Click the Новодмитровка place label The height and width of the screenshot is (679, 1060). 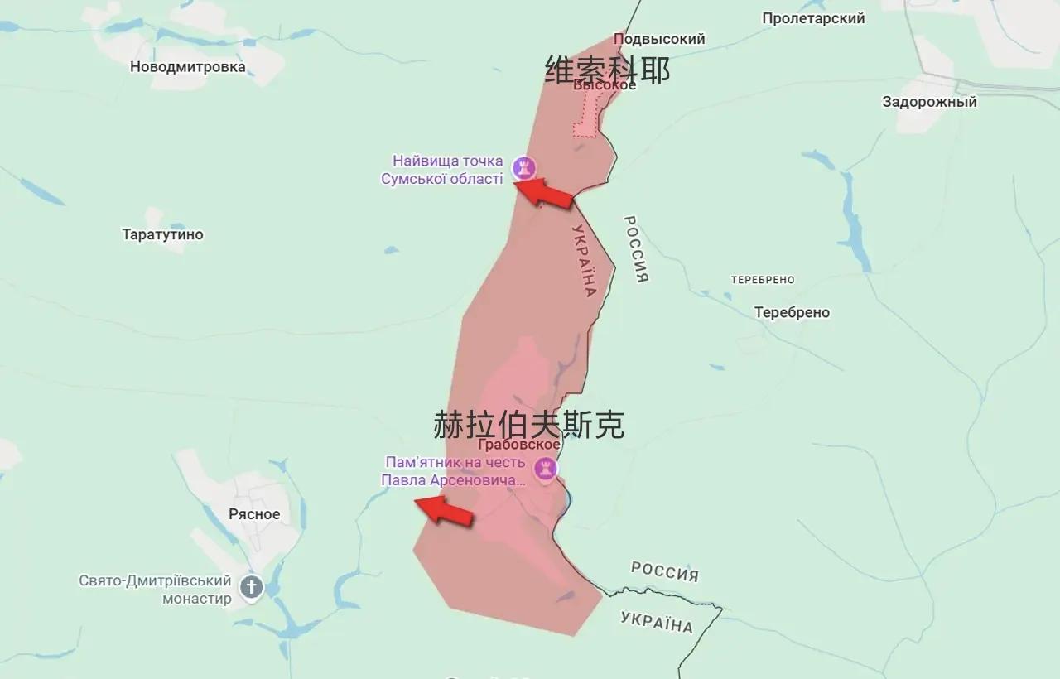188,67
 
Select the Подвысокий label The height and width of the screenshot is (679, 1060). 659,39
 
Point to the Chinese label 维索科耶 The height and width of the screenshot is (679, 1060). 608,70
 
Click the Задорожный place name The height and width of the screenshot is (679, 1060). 929,102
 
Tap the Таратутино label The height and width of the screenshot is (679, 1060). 162,234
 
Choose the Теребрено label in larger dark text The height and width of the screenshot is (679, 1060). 792,312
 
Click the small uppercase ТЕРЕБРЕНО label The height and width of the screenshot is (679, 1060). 763,280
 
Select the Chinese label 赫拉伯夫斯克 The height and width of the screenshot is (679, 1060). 529,425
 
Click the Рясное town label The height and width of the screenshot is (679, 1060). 254,513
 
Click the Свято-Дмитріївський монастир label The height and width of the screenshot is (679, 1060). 156,590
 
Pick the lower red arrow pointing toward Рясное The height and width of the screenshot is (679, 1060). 443,510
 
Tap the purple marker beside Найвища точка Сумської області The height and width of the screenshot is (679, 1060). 523,168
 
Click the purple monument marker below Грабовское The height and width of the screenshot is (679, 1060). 545,470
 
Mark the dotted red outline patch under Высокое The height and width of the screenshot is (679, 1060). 586,117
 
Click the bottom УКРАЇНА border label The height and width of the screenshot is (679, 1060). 656,622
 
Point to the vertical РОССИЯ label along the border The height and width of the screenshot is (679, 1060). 636,249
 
